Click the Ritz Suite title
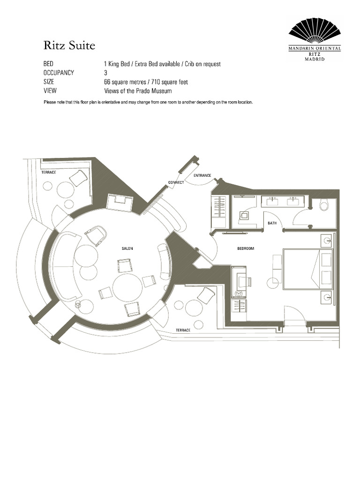pyautogui.click(x=69, y=45)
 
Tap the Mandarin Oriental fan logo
pyautogui.click(x=314, y=33)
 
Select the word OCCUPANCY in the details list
pyautogui.click(x=59, y=73)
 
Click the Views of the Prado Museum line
pyautogui.click(x=138, y=91)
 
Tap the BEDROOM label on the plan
pyautogui.click(x=245, y=248)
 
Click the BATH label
pyautogui.click(x=272, y=223)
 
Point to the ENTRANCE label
pyautogui.click(x=202, y=175)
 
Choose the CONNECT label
pyautogui.click(x=176, y=182)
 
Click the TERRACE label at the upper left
pyautogui.click(x=49, y=172)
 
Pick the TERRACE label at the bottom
pyautogui.click(x=183, y=330)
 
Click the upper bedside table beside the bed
pyautogui.click(x=327, y=241)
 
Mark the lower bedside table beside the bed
pyautogui.click(x=327, y=296)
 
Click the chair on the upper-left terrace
pyautogui.click(x=78, y=178)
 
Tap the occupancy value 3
pyautogui.click(x=105, y=73)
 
